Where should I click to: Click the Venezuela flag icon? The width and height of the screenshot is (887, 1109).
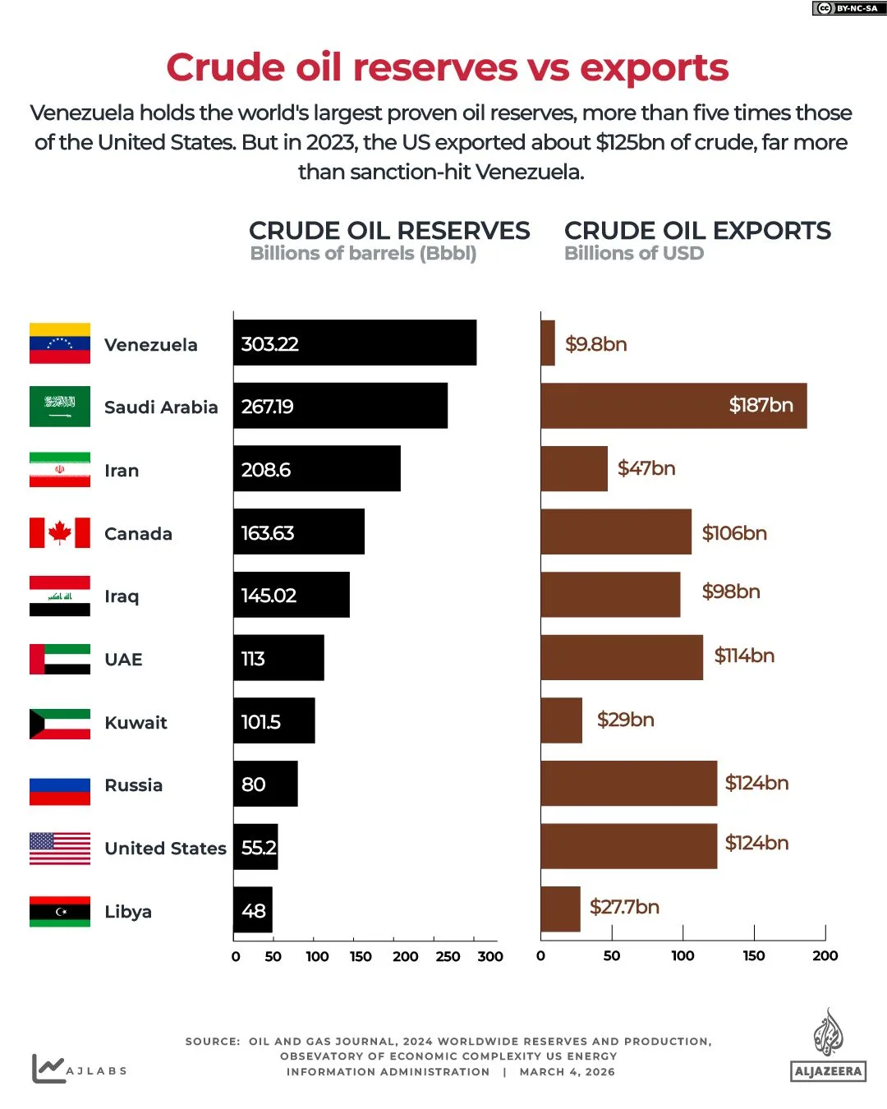(59, 343)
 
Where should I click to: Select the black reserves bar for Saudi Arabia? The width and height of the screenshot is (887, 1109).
(340, 406)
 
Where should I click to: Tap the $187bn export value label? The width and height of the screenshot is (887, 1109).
(761, 405)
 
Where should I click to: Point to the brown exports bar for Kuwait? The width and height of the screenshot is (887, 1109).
(561, 720)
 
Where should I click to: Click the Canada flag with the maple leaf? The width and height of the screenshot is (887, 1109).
(59, 532)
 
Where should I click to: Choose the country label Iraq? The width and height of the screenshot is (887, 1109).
(122, 596)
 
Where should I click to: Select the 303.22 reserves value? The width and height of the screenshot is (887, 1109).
(269, 344)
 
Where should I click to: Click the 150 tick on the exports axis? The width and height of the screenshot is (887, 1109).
(753, 955)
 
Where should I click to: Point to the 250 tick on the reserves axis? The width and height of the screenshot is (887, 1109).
(448, 956)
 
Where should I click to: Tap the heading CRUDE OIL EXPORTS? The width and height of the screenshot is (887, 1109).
(697, 231)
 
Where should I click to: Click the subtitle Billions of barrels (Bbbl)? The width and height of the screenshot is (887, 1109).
(363, 254)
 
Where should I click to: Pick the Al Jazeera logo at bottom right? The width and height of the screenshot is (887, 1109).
(828, 1046)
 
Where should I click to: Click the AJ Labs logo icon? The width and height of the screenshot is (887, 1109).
(48, 1068)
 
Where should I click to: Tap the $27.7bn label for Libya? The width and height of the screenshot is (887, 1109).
(624, 907)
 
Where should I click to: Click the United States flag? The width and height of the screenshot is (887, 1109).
(59, 848)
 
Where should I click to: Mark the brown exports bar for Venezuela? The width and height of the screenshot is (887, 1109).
(548, 343)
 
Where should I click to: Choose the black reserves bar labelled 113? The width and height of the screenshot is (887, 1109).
(278, 658)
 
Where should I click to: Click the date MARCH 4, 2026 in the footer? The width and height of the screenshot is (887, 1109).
(567, 1072)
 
